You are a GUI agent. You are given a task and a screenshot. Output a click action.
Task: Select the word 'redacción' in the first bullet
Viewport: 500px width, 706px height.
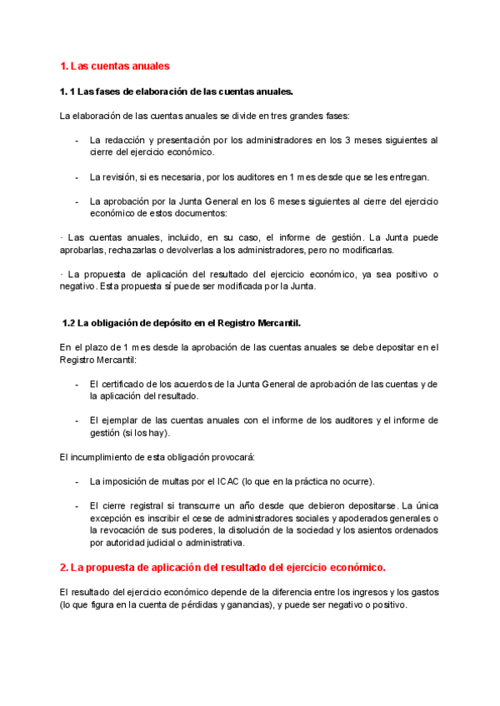(126, 140)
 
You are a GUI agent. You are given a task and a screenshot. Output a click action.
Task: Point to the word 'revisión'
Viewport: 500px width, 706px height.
(124, 177)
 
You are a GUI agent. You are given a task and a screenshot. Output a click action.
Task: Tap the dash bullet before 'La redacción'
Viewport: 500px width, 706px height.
(77, 140)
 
